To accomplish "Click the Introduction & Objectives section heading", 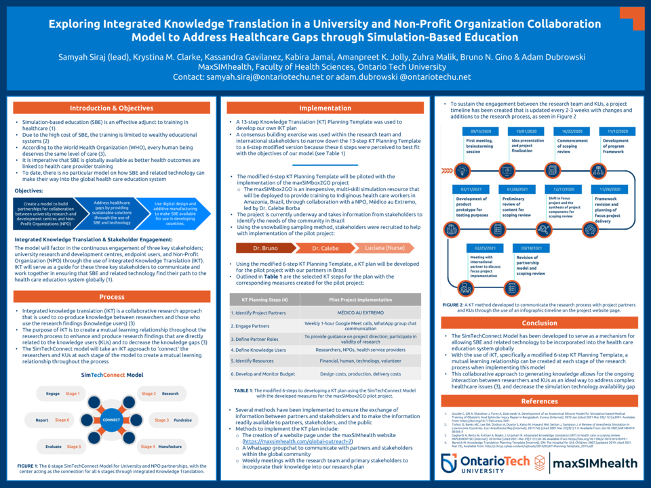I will click(x=112, y=108).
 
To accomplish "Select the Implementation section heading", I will click(x=325, y=108).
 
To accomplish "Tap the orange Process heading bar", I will click(x=112, y=297).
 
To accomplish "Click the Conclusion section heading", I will click(x=539, y=323).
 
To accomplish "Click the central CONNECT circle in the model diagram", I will click(x=111, y=420).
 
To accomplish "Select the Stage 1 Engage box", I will click(x=62, y=394).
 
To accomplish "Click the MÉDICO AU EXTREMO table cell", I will click(x=360, y=313).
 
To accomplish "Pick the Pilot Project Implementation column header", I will click(x=360, y=299).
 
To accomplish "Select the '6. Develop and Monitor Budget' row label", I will click(x=263, y=373).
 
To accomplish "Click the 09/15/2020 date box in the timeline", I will click(x=481, y=131).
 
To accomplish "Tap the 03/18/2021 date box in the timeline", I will click(x=527, y=249).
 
